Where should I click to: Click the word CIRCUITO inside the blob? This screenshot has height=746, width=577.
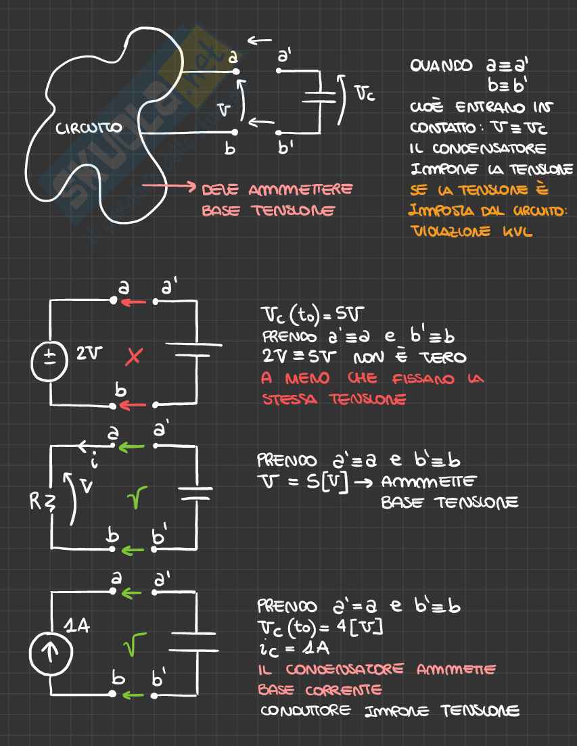tap(89, 127)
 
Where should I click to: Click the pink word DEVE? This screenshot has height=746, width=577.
tap(219, 189)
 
